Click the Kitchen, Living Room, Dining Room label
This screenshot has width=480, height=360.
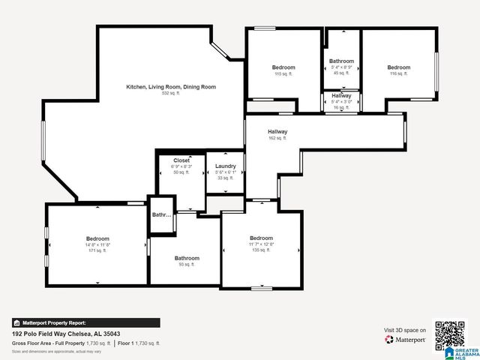[170, 87]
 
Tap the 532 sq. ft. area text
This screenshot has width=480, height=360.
[170, 94]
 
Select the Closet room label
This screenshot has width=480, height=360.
[181, 160]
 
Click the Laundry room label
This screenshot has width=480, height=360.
[225, 166]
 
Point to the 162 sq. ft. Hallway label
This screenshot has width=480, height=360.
[277, 132]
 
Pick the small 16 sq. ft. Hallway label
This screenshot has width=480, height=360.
[341, 96]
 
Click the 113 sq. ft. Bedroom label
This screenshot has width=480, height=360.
[283, 67]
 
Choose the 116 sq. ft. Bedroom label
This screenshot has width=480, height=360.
[398, 67]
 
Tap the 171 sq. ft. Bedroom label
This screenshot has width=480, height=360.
[97, 238]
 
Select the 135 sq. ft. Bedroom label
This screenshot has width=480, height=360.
[261, 238]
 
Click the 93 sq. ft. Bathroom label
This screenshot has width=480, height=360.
[187, 258]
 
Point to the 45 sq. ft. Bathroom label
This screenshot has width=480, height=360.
[341, 61]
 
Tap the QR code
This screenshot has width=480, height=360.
[450, 334]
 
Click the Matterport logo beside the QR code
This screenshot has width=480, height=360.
[406, 340]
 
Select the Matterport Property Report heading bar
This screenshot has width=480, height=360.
[85, 322]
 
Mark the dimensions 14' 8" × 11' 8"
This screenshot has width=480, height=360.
[97, 244]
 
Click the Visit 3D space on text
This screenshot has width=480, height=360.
[405, 330]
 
